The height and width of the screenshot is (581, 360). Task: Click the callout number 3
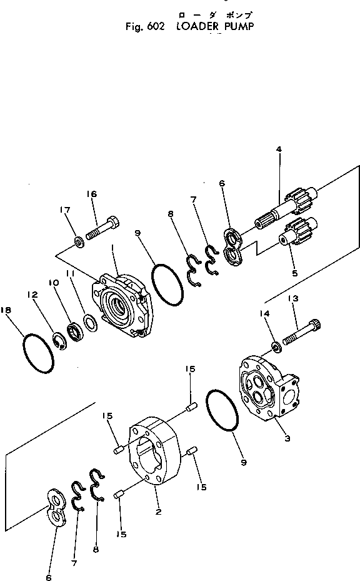point(287,440)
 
